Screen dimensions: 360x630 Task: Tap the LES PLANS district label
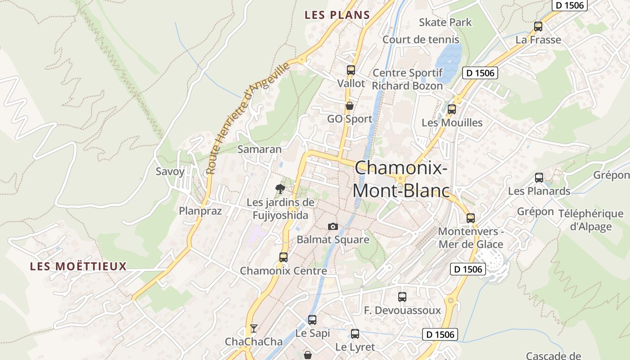[337, 15]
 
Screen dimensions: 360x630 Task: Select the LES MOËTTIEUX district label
[78, 266]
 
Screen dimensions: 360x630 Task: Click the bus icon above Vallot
[351, 70]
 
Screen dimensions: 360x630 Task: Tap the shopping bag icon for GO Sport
[349, 106]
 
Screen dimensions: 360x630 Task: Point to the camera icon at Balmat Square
[333, 226]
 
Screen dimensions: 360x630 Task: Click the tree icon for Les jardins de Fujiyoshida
[280, 189]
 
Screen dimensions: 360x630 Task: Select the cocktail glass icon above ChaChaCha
[254, 328]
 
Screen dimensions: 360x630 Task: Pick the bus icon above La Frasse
[538, 27]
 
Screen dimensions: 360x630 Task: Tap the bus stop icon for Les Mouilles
[452, 109]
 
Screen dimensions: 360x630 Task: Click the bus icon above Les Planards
[539, 178]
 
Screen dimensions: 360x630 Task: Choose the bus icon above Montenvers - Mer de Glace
[471, 218]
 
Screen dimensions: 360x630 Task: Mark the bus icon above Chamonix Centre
[283, 257]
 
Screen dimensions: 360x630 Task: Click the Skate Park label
[445, 22]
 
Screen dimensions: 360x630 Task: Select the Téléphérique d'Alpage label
[590, 220]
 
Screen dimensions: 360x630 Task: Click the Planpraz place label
[200, 211]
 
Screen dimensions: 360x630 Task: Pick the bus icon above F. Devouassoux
[402, 297]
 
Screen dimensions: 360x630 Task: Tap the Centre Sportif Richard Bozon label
[408, 79]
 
